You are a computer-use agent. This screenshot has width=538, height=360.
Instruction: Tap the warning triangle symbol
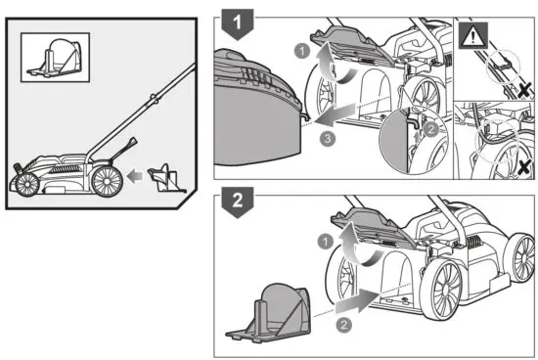(471, 39)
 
